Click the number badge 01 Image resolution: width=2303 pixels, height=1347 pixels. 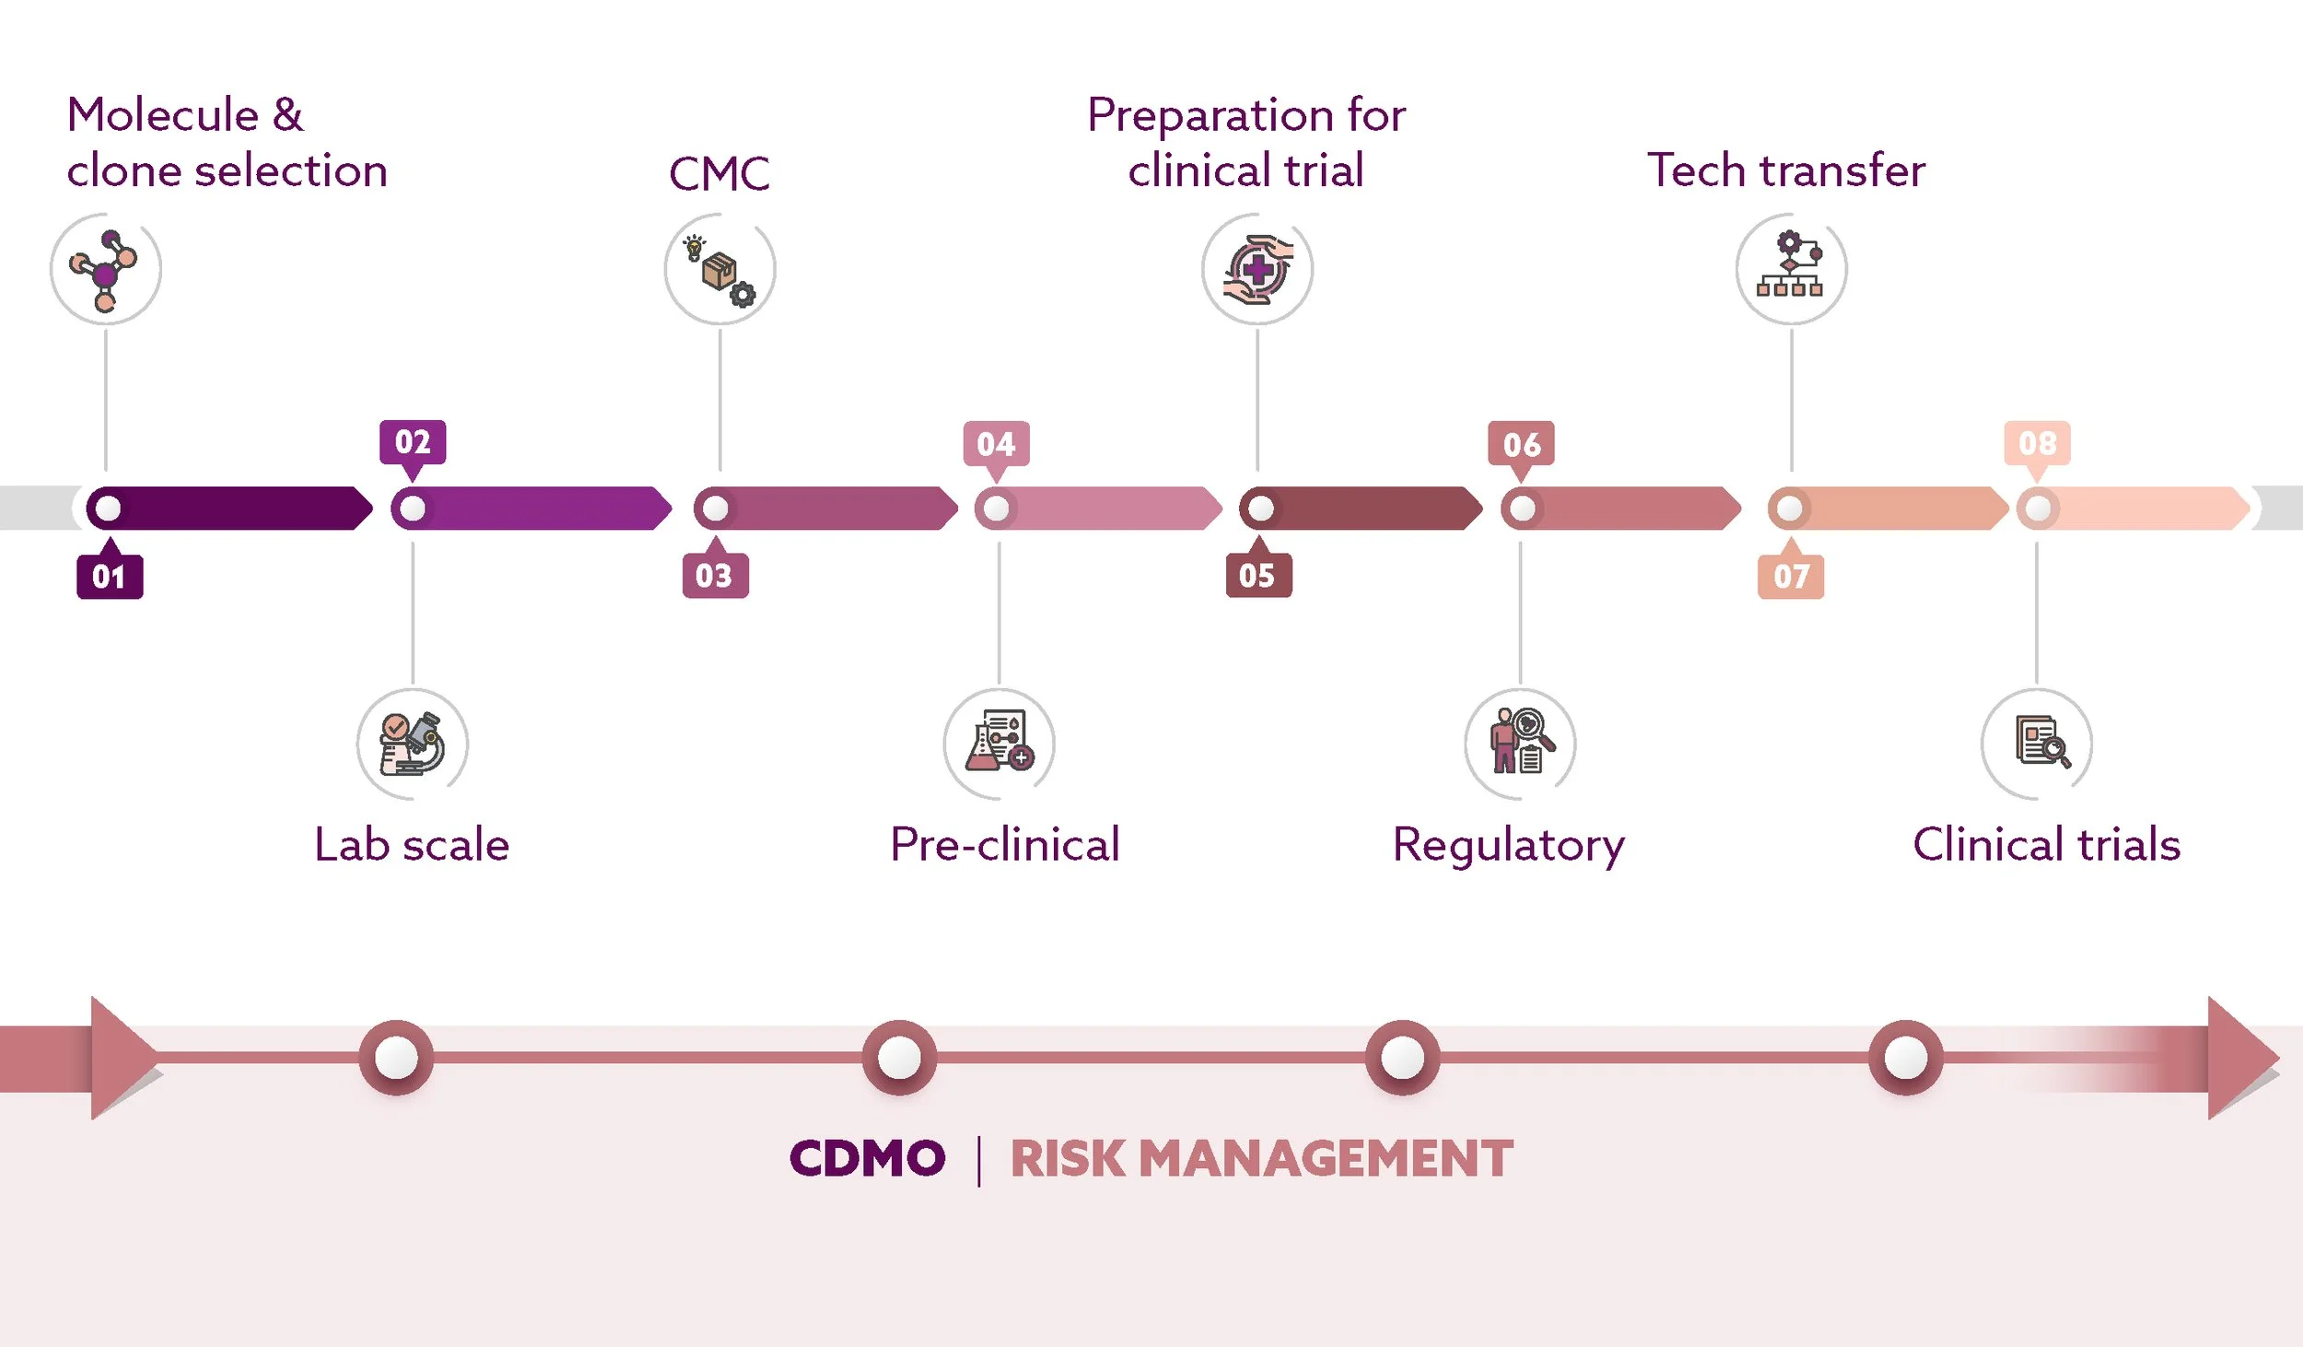click(x=110, y=577)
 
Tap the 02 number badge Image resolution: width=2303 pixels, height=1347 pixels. click(x=413, y=442)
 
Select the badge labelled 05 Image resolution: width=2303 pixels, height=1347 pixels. click(x=1258, y=576)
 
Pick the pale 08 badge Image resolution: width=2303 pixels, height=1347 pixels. click(x=2038, y=443)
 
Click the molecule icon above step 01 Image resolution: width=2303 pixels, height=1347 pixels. click(x=105, y=269)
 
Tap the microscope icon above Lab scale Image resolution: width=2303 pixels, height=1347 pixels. click(x=413, y=744)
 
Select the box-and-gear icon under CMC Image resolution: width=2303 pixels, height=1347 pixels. click(x=719, y=269)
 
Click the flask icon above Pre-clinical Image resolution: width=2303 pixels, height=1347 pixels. click(x=999, y=743)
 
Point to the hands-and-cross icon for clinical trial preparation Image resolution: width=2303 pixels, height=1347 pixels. click(x=1257, y=269)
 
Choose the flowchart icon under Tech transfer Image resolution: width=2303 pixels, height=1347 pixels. click(x=1791, y=268)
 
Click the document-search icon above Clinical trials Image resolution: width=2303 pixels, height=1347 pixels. click(x=2038, y=743)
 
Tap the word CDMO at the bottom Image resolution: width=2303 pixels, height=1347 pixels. click(x=867, y=1158)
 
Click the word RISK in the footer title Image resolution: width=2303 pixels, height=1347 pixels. click(x=1068, y=1159)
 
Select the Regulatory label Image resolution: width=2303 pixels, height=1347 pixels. click(x=1509, y=845)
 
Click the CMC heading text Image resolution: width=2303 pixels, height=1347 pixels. click(x=719, y=173)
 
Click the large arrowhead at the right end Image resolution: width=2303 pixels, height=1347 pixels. click(x=2240, y=1057)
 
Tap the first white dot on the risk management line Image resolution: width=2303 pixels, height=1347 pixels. click(x=396, y=1058)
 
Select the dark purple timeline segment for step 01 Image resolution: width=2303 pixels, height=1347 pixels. click(x=240, y=508)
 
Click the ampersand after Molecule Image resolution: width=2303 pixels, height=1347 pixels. click(x=288, y=115)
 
